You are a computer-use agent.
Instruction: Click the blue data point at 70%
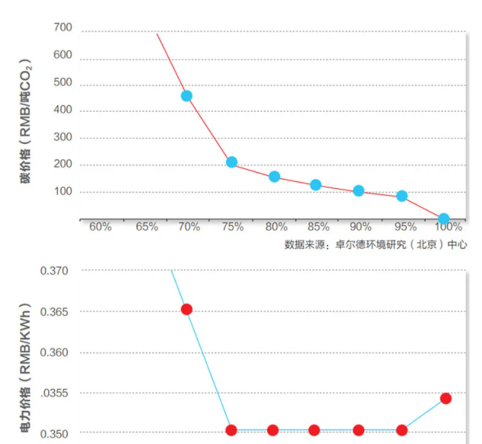point(186,96)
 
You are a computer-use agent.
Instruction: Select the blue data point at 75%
point(232,162)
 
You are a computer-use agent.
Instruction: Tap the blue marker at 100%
point(443,219)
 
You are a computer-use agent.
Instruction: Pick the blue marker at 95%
point(402,196)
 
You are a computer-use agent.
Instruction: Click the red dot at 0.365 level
point(186,309)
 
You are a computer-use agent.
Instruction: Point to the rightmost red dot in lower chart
point(445,398)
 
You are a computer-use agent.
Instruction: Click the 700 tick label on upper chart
point(62,28)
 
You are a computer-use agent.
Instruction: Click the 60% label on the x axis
point(100,227)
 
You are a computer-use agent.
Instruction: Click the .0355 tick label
point(55,394)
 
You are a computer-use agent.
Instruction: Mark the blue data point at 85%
point(316,185)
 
